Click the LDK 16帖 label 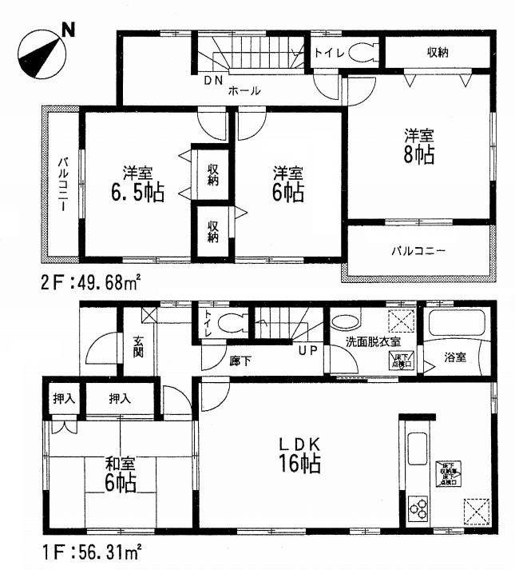pos(299,454)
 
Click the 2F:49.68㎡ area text pos(88,282)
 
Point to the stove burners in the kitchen pos(418,507)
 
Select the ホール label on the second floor pos(245,90)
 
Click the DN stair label pos(212,82)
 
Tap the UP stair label pos(306,350)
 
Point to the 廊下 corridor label pos(240,361)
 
